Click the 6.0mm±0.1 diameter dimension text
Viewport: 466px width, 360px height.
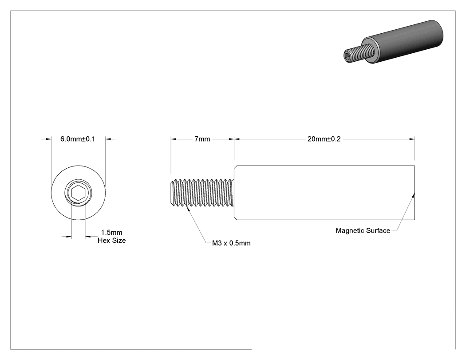(x=78, y=139)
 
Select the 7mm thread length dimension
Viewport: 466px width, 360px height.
(x=202, y=139)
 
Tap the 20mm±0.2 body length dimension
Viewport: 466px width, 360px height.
(x=324, y=139)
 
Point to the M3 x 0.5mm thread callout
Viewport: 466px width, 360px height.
(x=231, y=243)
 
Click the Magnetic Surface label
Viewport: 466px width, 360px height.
(x=363, y=230)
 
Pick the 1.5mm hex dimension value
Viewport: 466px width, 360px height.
(x=112, y=233)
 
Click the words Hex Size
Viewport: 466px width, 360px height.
(x=112, y=241)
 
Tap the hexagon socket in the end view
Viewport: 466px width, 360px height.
(x=78, y=193)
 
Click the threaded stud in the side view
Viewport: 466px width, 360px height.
(x=202, y=193)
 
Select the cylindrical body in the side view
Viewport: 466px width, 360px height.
(x=324, y=193)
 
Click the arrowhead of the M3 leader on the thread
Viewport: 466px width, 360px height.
(x=188, y=209)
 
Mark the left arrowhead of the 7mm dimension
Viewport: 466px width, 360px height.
(x=174, y=139)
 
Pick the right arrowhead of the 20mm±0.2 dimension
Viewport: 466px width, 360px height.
(x=412, y=139)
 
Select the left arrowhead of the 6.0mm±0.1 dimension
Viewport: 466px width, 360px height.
(x=48, y=139)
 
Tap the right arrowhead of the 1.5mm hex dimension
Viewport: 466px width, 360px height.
(x=88, y=237)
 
